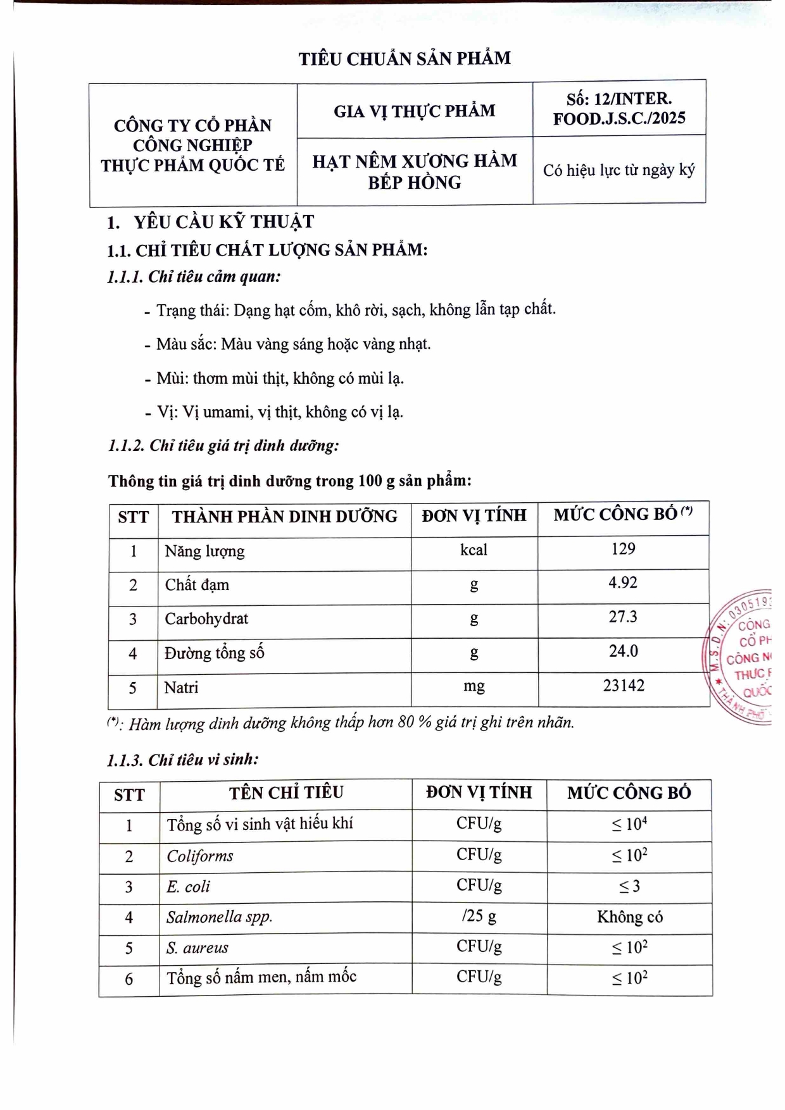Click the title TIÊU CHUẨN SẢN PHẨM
tap(405, 59)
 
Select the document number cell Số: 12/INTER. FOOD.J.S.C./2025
tap(619, 108)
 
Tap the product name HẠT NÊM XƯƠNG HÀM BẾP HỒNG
tap(415, 171)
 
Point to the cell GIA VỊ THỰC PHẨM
tap(415, 111)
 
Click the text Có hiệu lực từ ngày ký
tap(619, 170)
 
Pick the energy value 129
tap(623, 549)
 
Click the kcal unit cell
tap(474, 550)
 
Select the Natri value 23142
tap(624, 686)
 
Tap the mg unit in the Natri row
tap(474, 686)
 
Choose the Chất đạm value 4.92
tap(623, 583)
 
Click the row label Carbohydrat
tap(206, 619)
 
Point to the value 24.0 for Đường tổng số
tap(623, 651)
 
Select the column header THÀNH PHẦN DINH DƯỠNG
tap(284, 517)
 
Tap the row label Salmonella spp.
tap(219, 917)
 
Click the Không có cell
tap(629, 917)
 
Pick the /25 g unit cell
tap(479, 916)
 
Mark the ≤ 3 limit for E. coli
tap(629, 887)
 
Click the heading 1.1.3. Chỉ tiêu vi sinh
tap(183, 760)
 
